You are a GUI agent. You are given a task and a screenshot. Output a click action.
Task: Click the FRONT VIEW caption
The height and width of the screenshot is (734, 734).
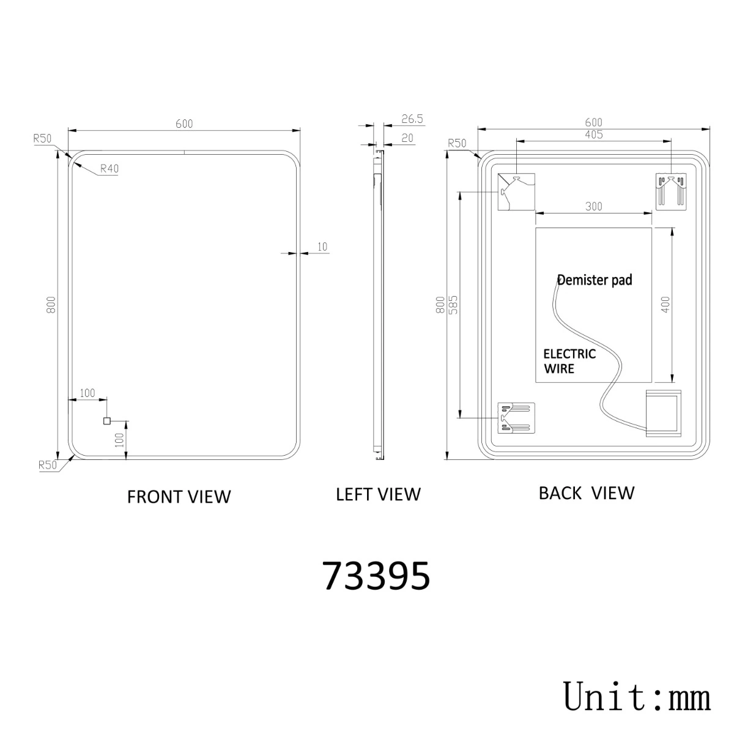(x=179, y=497)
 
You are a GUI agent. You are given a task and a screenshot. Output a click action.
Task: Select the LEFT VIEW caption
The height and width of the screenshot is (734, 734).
(x=378, y=494)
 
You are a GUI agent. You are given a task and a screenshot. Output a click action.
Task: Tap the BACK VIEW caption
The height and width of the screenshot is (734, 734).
(x=587, y=493)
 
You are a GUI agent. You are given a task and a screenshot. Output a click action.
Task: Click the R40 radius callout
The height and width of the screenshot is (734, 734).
(x=109, y=168)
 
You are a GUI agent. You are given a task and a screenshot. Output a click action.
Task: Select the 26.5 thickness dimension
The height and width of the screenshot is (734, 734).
(x=412, y=119)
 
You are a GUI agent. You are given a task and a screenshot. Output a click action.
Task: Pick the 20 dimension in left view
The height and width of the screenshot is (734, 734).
(x=407, y=138)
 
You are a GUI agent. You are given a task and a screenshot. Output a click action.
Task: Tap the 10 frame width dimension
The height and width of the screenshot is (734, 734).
(x=322, y=247)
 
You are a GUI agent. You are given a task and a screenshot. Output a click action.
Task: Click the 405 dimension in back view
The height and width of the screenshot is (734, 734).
(x=594, y=135)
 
